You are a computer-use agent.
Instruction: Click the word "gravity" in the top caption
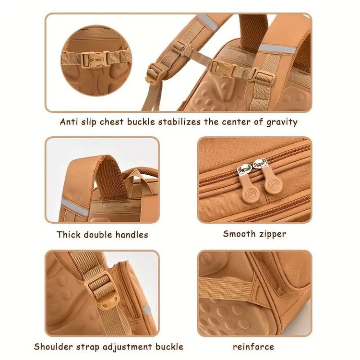coord(282,122)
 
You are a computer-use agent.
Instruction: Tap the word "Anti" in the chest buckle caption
coord(69,121)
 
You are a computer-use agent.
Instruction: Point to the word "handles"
coord(132,235)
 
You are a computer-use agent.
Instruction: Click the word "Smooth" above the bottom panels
coord(239,234)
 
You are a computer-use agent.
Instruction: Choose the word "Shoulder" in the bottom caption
coord(53,347)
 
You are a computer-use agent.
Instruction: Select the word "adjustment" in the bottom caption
coord(127,347)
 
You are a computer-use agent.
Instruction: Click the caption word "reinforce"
coord(253,347)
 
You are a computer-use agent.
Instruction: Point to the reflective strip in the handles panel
coord(74,207)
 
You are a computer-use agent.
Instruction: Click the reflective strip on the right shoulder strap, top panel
coord(277,49)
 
